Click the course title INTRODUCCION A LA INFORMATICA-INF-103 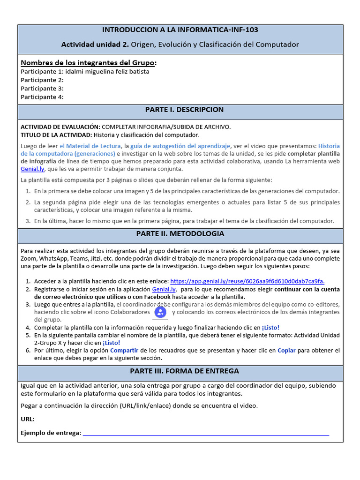[180, 30]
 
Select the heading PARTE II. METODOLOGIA [180, 233]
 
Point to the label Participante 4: [42, 97]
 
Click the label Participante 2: [42, 80]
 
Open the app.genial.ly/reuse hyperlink [247, 281]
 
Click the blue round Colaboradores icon [160, 312]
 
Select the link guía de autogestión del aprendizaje [180, 146]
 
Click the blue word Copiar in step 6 [286, 350]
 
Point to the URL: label [28, 419]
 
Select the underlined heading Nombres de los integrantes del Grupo [89, 63]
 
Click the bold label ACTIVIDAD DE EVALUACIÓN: [60, 127]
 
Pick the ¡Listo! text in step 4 [270, 328]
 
